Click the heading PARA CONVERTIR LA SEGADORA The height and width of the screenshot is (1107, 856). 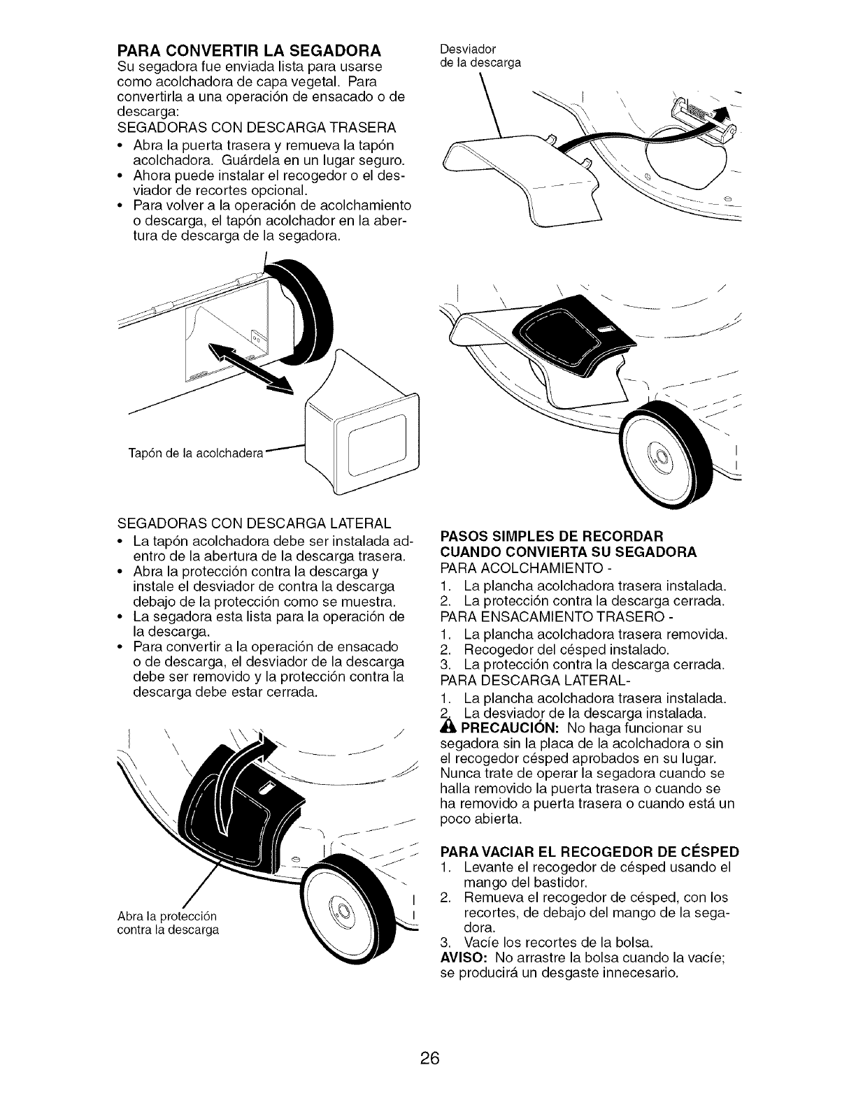(241, 51)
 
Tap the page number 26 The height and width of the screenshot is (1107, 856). (429, 1038)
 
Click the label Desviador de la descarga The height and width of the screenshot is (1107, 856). (479, 56)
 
